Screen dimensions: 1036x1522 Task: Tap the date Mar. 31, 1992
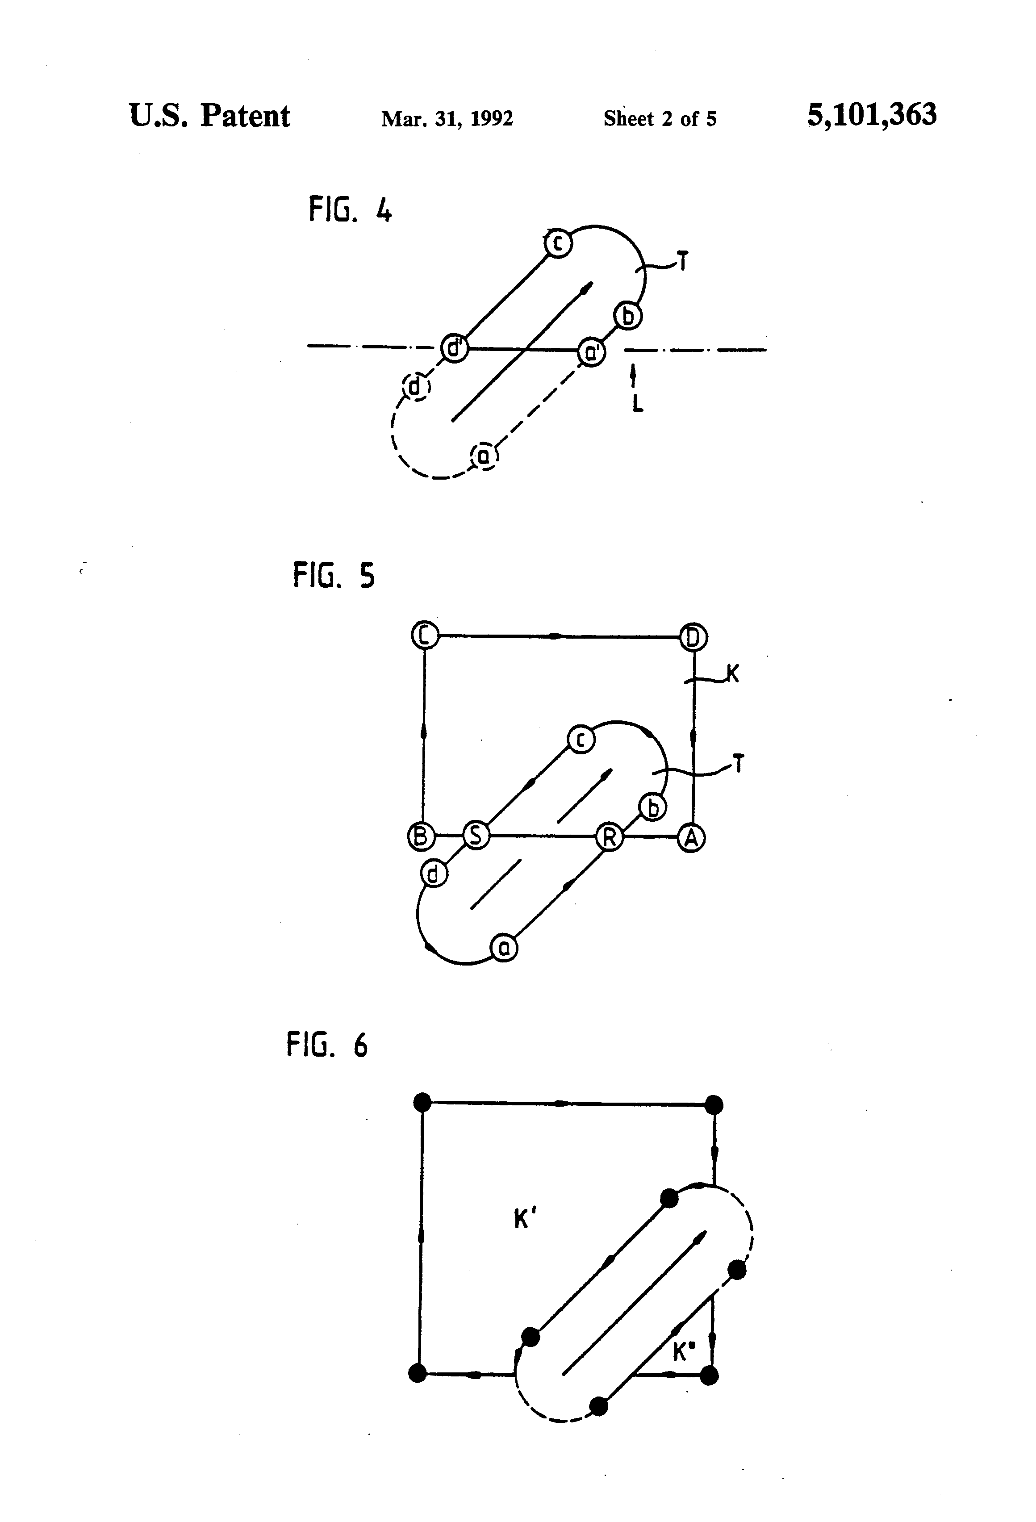tap(447, 118)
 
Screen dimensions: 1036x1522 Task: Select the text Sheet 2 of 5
tap(660, 118)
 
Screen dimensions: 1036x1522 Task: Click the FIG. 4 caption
tap(351, 211)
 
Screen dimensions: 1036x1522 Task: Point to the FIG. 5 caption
tap(334, 576)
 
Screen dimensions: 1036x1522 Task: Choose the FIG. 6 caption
tap(327, 1044)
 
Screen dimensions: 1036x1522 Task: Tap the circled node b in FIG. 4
tap(628, 316)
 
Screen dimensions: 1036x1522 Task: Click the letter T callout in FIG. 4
tap(682, 263)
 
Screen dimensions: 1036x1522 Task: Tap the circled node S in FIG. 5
tap(476, 836)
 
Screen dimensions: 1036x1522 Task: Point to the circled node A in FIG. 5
tap(691, 838)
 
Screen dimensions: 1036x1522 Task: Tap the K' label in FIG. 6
tap(525, 1220)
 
